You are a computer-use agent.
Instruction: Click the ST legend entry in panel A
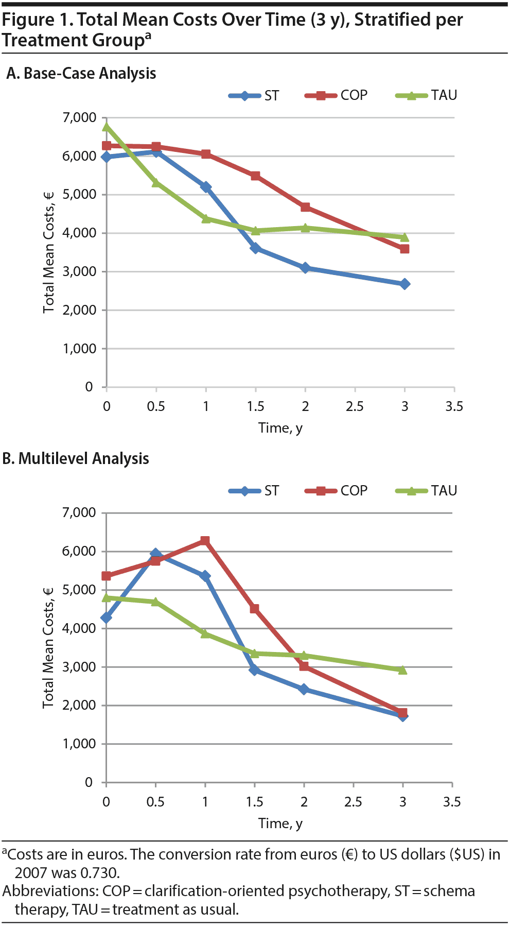[x=255, y=96]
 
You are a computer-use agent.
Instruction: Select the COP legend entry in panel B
[x=337, y=491]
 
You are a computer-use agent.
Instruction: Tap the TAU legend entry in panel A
[x=427, y=96]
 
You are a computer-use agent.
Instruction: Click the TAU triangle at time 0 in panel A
[x=107, y=127]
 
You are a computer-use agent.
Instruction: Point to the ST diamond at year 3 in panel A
[x=405, y=284]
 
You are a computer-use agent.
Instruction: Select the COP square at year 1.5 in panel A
[x=255, y=176]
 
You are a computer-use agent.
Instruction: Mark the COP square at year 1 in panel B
[x=205, y=541]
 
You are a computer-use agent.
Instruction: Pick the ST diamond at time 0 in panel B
[x=107, y=618]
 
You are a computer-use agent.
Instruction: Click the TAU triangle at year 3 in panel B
[x=402, y=670]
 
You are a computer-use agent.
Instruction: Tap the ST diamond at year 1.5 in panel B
[x=254, y=670]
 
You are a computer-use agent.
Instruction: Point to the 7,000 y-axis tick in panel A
[x=79, y=118]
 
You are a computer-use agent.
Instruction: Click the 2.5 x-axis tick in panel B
[x=353, y=802]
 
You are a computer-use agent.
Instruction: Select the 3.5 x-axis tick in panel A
[x=454, y=407]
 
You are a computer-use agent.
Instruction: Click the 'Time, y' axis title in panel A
[x=280, y=428]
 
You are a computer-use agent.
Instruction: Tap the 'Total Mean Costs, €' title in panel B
[x=48, y=647]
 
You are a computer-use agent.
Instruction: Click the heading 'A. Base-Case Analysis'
[x=81, y=74]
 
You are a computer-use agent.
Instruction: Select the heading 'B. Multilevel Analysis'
[x=76, y=459]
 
